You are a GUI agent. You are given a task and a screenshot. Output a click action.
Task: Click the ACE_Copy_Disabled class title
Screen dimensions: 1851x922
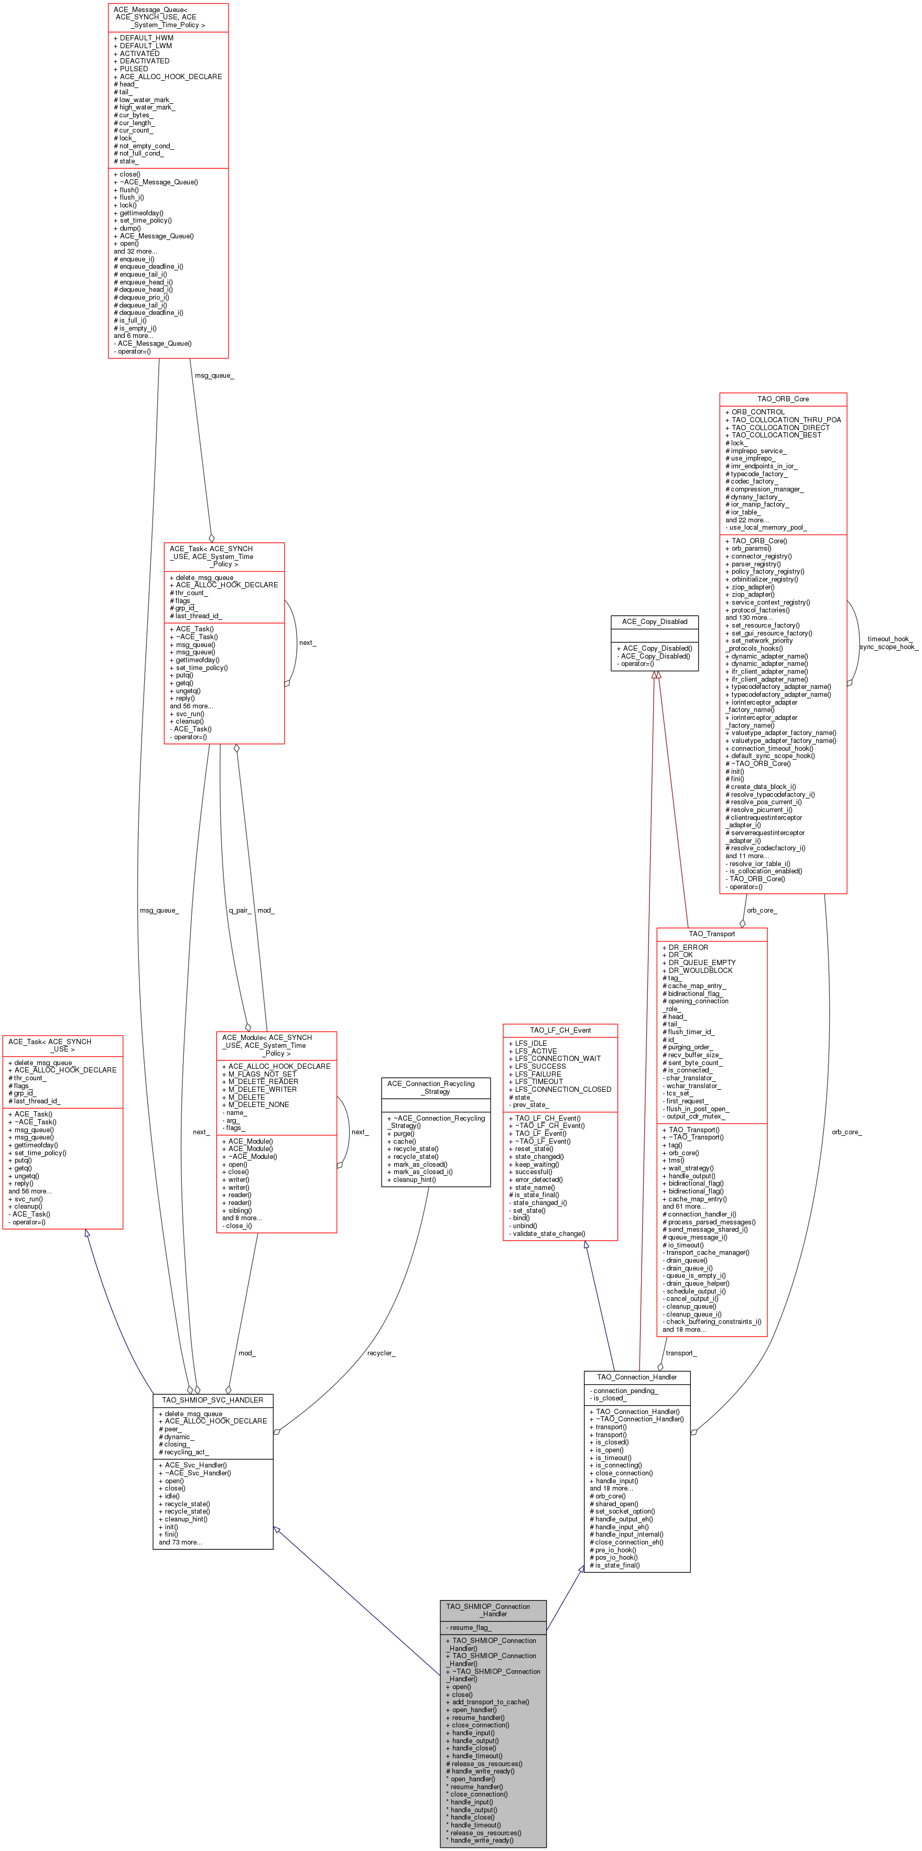pos(654,621)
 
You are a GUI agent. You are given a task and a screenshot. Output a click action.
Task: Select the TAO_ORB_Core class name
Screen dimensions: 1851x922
pos(783,399)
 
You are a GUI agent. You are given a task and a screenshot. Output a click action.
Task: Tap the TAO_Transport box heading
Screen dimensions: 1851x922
pos(711,934)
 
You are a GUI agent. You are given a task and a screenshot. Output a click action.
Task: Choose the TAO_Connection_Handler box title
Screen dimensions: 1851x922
pos(637,1377)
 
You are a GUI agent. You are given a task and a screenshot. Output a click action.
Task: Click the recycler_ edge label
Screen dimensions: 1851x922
pos(381,1353)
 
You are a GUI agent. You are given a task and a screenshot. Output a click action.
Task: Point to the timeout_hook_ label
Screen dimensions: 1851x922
pos(888,639)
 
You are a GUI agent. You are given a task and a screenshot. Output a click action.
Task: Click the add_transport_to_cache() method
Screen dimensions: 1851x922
pos(490,1702)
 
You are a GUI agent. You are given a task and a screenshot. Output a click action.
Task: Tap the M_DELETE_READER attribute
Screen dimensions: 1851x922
pos(262,1081)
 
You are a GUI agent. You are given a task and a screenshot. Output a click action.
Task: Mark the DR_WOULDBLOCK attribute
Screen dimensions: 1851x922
pos(700,970)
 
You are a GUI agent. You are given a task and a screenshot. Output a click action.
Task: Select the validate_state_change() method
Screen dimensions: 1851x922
pos(548,1233)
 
